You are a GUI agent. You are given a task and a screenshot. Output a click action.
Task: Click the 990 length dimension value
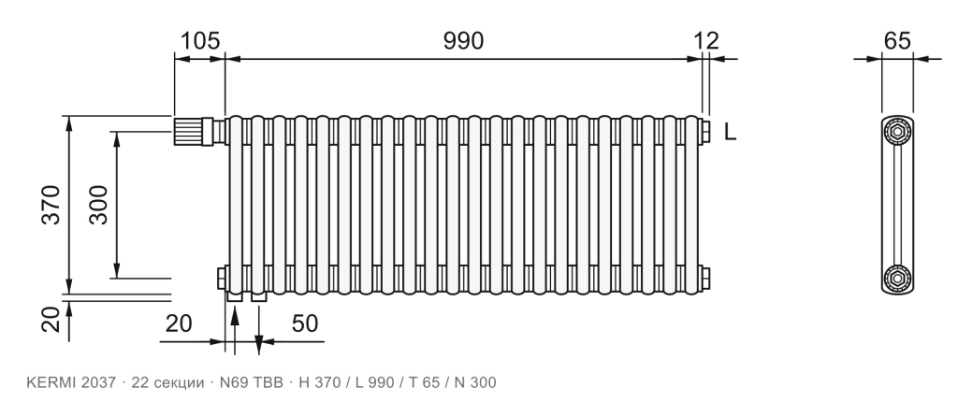(463, 41)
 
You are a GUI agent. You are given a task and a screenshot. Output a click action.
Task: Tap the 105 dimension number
(200, 41)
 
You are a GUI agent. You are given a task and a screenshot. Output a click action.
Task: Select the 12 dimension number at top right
(706, 41)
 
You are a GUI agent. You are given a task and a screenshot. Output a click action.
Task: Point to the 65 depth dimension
(897, 41)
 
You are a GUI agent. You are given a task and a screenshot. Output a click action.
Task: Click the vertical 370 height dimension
(51, 205)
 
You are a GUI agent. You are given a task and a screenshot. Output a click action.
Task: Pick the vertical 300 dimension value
(98, 205)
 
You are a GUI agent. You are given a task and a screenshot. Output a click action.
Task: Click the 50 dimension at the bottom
(305, 323)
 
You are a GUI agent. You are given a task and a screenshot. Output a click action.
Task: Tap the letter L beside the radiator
(730, 132)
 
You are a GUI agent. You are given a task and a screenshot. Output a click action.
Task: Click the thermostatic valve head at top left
(187, 131)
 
